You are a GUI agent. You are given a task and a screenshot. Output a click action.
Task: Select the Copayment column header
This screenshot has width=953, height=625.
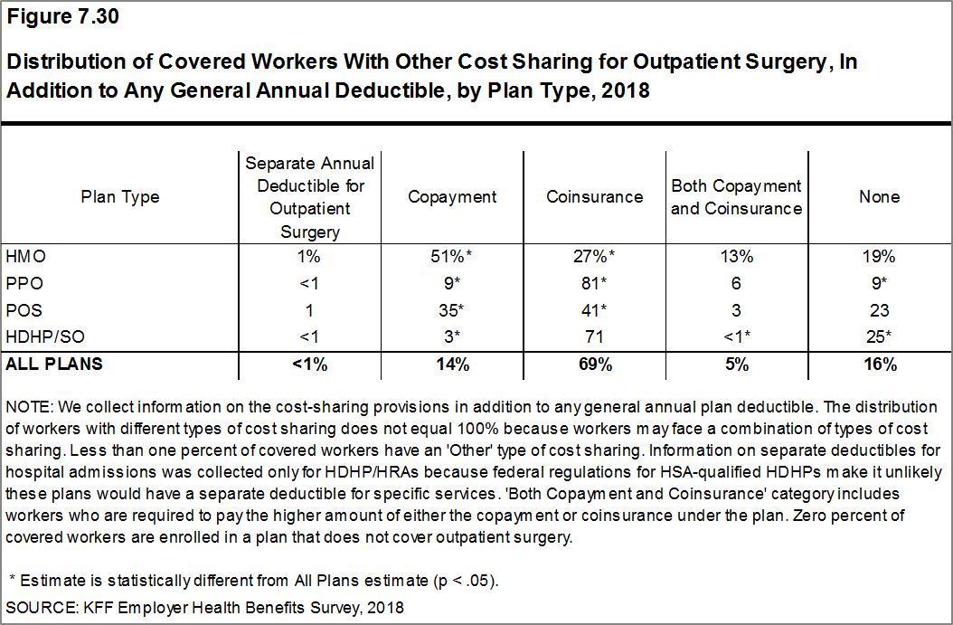click(x=452, y=196)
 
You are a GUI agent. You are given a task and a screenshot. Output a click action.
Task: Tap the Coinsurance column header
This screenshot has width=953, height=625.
click(x=594, y=196)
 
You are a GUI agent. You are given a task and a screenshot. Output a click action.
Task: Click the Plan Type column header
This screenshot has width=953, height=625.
click(x=120, y=196)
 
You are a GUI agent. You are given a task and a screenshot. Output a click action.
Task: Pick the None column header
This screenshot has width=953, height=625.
click(x=879, y=196)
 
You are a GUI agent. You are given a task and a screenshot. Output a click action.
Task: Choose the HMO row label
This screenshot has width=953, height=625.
click(x=25, y=256)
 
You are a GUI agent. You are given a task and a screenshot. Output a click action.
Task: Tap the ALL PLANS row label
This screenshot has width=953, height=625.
click(x=53, y=365)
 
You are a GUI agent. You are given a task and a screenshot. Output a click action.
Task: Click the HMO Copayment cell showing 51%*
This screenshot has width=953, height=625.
click(x=452, y=256)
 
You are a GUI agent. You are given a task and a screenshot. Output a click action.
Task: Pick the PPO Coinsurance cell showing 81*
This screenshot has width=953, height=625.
click(x=594, y=283)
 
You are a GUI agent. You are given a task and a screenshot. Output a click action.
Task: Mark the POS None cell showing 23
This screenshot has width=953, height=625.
click(x=879, y=310)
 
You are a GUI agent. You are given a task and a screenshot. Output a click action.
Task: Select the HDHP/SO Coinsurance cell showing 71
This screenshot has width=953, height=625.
click(x=594, y=337)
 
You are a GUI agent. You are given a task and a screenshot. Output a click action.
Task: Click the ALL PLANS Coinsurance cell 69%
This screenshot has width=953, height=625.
click(x=594, y=365)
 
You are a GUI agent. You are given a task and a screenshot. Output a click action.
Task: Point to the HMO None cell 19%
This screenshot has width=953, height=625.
click(x=879, y=256)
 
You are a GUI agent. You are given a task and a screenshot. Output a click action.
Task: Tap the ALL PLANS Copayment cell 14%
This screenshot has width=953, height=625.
click(x=452, y=365)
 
